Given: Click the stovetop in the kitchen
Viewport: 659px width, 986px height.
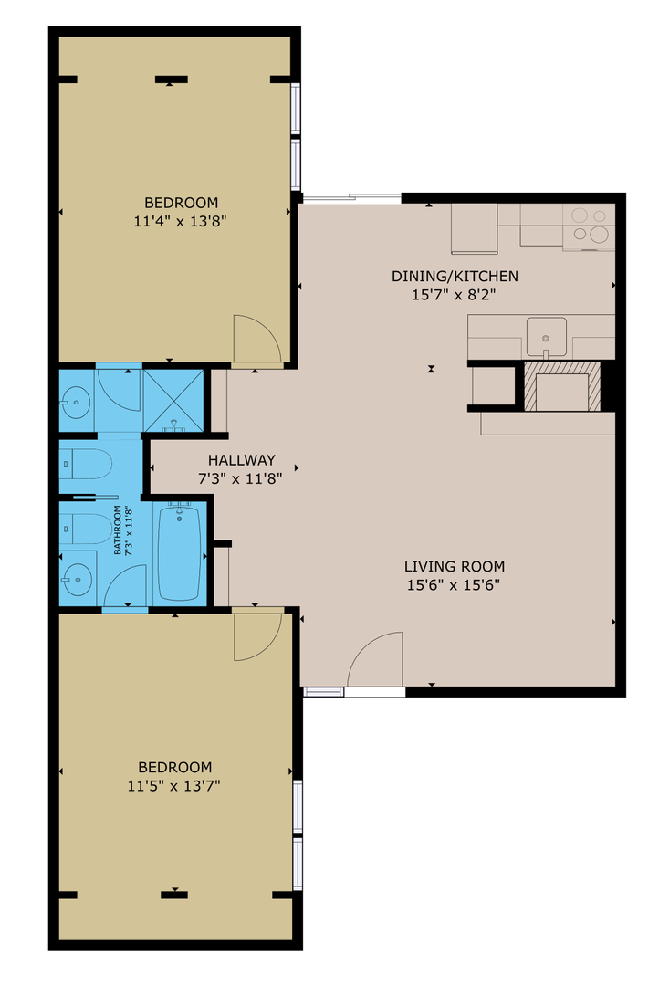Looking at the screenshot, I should point(589,226).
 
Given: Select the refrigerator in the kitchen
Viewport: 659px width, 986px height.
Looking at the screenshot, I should point(474,227).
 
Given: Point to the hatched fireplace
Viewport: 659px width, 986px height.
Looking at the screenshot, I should point(561,385).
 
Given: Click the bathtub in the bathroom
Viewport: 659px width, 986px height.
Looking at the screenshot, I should point(181,552).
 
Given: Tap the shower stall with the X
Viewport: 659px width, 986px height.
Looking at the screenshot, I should point(172,398).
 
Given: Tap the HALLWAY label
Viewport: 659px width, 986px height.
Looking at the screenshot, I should point(241,460).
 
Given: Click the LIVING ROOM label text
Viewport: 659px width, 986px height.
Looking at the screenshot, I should point(455,566).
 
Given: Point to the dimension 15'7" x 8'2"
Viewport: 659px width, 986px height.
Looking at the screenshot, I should point(455,295).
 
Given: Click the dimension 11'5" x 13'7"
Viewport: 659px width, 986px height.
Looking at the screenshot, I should point(174,785).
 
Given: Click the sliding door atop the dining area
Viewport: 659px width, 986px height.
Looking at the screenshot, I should point(351,197).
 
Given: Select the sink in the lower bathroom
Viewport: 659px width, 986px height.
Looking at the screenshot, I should point(76,576).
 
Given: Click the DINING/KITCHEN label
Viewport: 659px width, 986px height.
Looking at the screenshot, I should point(455,276).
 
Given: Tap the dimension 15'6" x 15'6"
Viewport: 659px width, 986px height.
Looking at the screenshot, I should point(455,585).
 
